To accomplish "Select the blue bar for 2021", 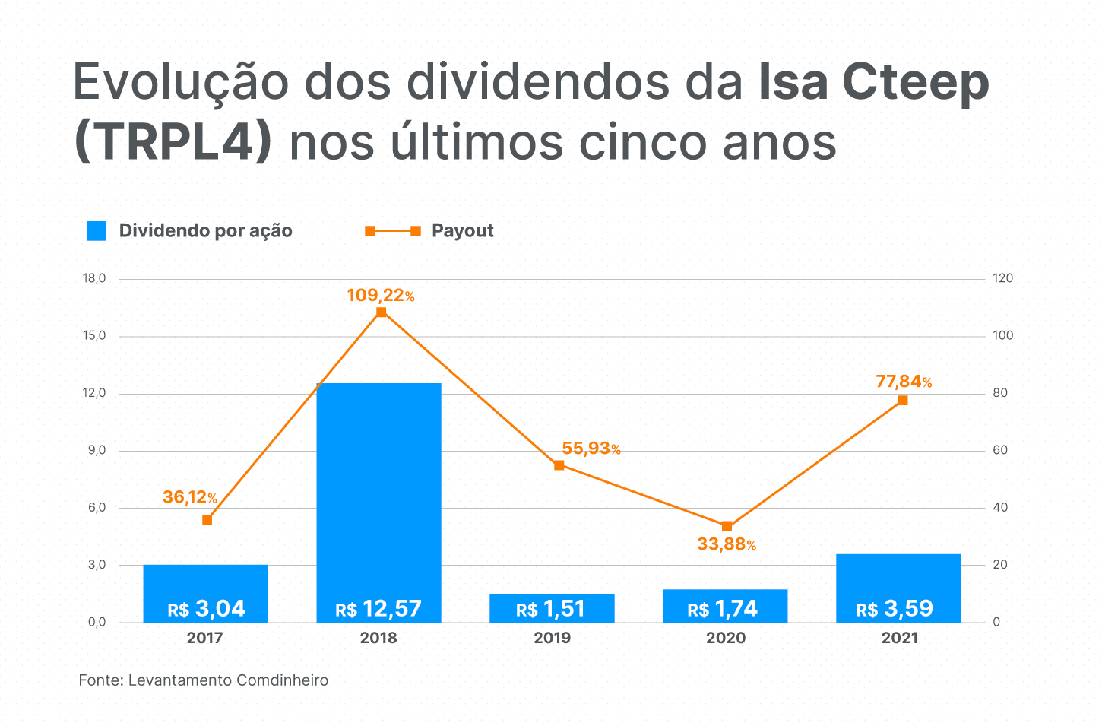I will tap(898, 578).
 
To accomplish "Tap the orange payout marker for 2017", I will tap(207, 520).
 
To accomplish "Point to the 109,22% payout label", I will tap(381, 295).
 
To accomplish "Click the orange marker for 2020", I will tap(727, 526).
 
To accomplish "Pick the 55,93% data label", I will tap(591, 449).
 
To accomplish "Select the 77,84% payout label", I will tap(904, 382).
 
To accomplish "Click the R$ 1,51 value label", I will tap(551, 609).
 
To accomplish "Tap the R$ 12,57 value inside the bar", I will tap(378, 609).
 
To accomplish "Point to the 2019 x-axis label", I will tap(552, 638).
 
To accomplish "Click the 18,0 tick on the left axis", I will tap(94, 278).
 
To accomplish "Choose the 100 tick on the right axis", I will tap(1003, 336).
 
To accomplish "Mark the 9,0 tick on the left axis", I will tap(97, 451).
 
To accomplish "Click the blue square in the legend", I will tap(97, 231).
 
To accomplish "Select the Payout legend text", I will tap(462, 231).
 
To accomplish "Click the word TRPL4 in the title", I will tap(173, 141).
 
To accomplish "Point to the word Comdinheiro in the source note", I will tap(282, 680).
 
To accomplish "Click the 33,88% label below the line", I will tap(727, 544).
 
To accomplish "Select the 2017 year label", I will tap(205, 638).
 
